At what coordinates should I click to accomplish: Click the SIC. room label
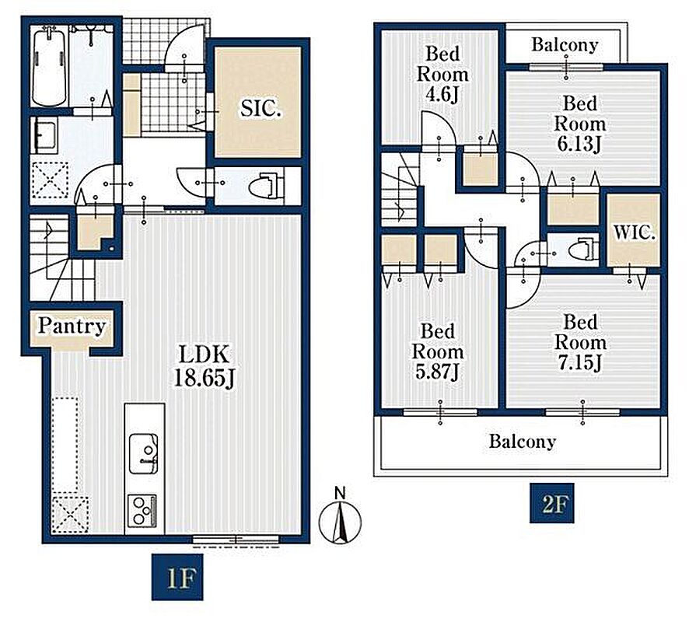tap(261, 108)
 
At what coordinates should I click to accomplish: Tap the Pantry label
tap(72, 326)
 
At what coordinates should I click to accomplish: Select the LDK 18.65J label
tap(204, 366)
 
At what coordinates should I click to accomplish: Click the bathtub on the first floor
tap(49, 66)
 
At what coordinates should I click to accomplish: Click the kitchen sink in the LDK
tap(143, 453)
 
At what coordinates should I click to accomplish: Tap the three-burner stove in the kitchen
tap(142, 511)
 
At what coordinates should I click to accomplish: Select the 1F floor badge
tap(177, 577)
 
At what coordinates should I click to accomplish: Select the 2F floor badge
tap(551, 503)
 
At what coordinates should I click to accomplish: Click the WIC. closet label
tap(634, 232)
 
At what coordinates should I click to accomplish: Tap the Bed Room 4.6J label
tap(442, 74)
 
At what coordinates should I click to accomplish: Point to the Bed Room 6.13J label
tap(579, 124)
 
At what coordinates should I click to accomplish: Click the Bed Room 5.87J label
tap(438, 351)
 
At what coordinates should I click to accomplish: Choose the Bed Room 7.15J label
tap(580, 342)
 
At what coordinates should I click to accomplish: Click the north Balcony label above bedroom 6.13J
tap(565, 45)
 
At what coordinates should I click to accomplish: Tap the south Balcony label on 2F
tap(522, 442)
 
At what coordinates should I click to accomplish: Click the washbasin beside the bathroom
tap(45, 135)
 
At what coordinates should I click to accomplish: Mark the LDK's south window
tap(236, 540)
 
